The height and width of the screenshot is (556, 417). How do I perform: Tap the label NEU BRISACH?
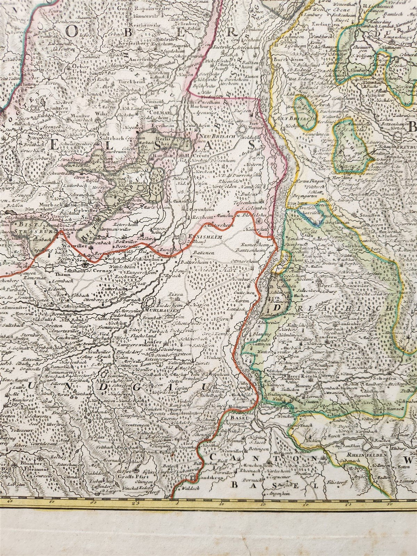click(x=214, y=137)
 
